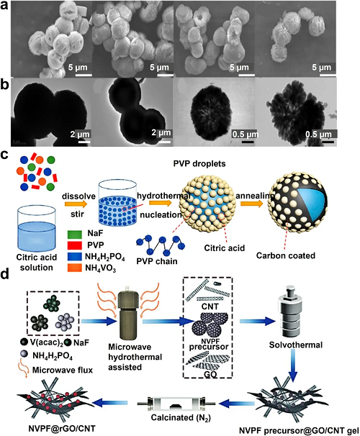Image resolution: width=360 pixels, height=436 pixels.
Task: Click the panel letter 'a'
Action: point(4,5)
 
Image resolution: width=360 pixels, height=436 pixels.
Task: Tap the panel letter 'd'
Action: point(5,275)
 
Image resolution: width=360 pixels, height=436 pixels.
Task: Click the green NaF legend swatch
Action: point(75,234)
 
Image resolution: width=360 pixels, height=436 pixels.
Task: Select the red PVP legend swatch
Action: point(75,245)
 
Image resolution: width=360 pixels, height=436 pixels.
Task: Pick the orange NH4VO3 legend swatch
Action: point(75,268)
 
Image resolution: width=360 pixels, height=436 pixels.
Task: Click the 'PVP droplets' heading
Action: point(199,163)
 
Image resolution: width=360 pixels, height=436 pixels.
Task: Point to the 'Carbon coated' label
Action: point(286,255)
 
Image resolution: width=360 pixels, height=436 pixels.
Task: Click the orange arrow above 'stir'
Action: point(76,204)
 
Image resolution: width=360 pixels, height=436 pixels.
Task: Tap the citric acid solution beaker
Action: point(37,228)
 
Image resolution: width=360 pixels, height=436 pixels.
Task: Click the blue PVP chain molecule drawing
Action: point(161,245)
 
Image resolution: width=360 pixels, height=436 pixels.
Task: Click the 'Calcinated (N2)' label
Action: point(181,417)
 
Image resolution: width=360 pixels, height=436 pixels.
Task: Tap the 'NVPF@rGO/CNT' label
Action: point(62,428)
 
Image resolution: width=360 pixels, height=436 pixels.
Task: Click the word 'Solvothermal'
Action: point(296,345)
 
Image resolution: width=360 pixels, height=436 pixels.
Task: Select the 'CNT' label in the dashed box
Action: point(210,306)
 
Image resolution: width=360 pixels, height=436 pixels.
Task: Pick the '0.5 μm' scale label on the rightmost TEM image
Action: point(318,135)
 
